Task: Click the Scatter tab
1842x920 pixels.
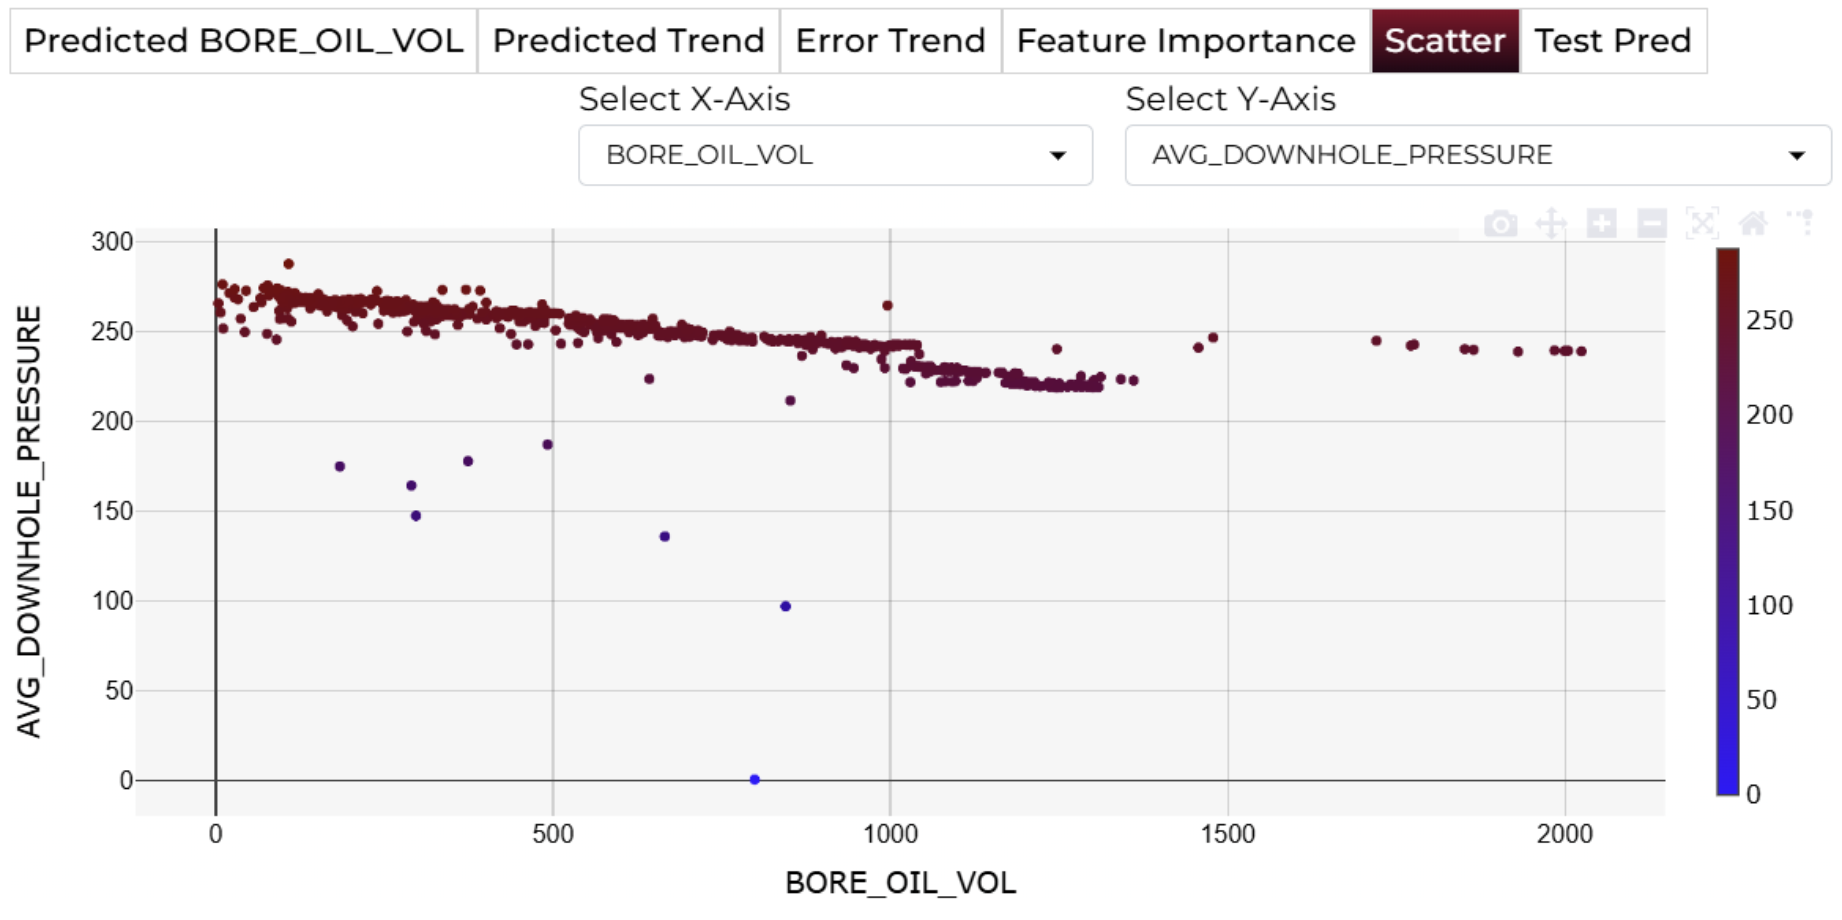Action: (x=1444, y=41)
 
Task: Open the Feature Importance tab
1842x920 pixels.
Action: (x=1186, y=41)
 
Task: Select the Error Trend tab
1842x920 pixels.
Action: (x=890, y=41)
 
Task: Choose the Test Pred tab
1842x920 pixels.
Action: (x=1613, y=41)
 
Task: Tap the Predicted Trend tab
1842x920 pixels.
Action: (x=628, y=41)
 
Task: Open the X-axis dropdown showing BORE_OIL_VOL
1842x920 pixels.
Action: (x=834, y=155)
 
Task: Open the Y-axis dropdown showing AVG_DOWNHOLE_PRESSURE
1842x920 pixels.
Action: (x=1477, y=155)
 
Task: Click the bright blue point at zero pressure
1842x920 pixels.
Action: (x=754, y=779)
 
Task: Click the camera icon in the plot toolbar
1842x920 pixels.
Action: (x=1500, y=224)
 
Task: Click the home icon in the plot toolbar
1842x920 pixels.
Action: (x=1752, y=224)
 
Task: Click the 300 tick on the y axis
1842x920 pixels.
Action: (x=112, y=242)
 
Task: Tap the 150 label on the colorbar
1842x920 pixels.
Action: (x=1769, y=510)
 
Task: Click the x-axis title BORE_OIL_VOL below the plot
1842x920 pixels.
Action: (x=900, y=883)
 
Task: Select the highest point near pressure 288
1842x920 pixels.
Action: (x=288, y=264)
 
